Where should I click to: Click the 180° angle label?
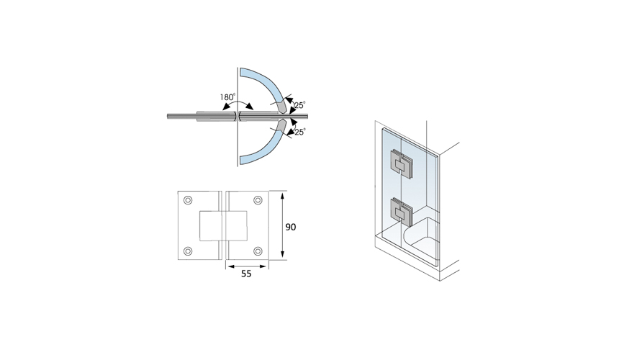pos(227,96)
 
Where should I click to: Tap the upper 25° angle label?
pos(299,104)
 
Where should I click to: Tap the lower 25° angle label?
pos(299,132)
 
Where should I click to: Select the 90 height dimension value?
pos(291,227)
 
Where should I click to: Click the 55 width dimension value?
pos(246,274)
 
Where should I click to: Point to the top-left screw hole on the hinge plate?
pos(189,200)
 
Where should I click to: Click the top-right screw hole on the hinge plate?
pos(258,200)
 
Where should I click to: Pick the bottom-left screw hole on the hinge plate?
pos(189,251)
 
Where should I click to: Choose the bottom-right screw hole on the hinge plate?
pos(258,251)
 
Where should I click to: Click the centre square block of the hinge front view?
pos(223,226)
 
